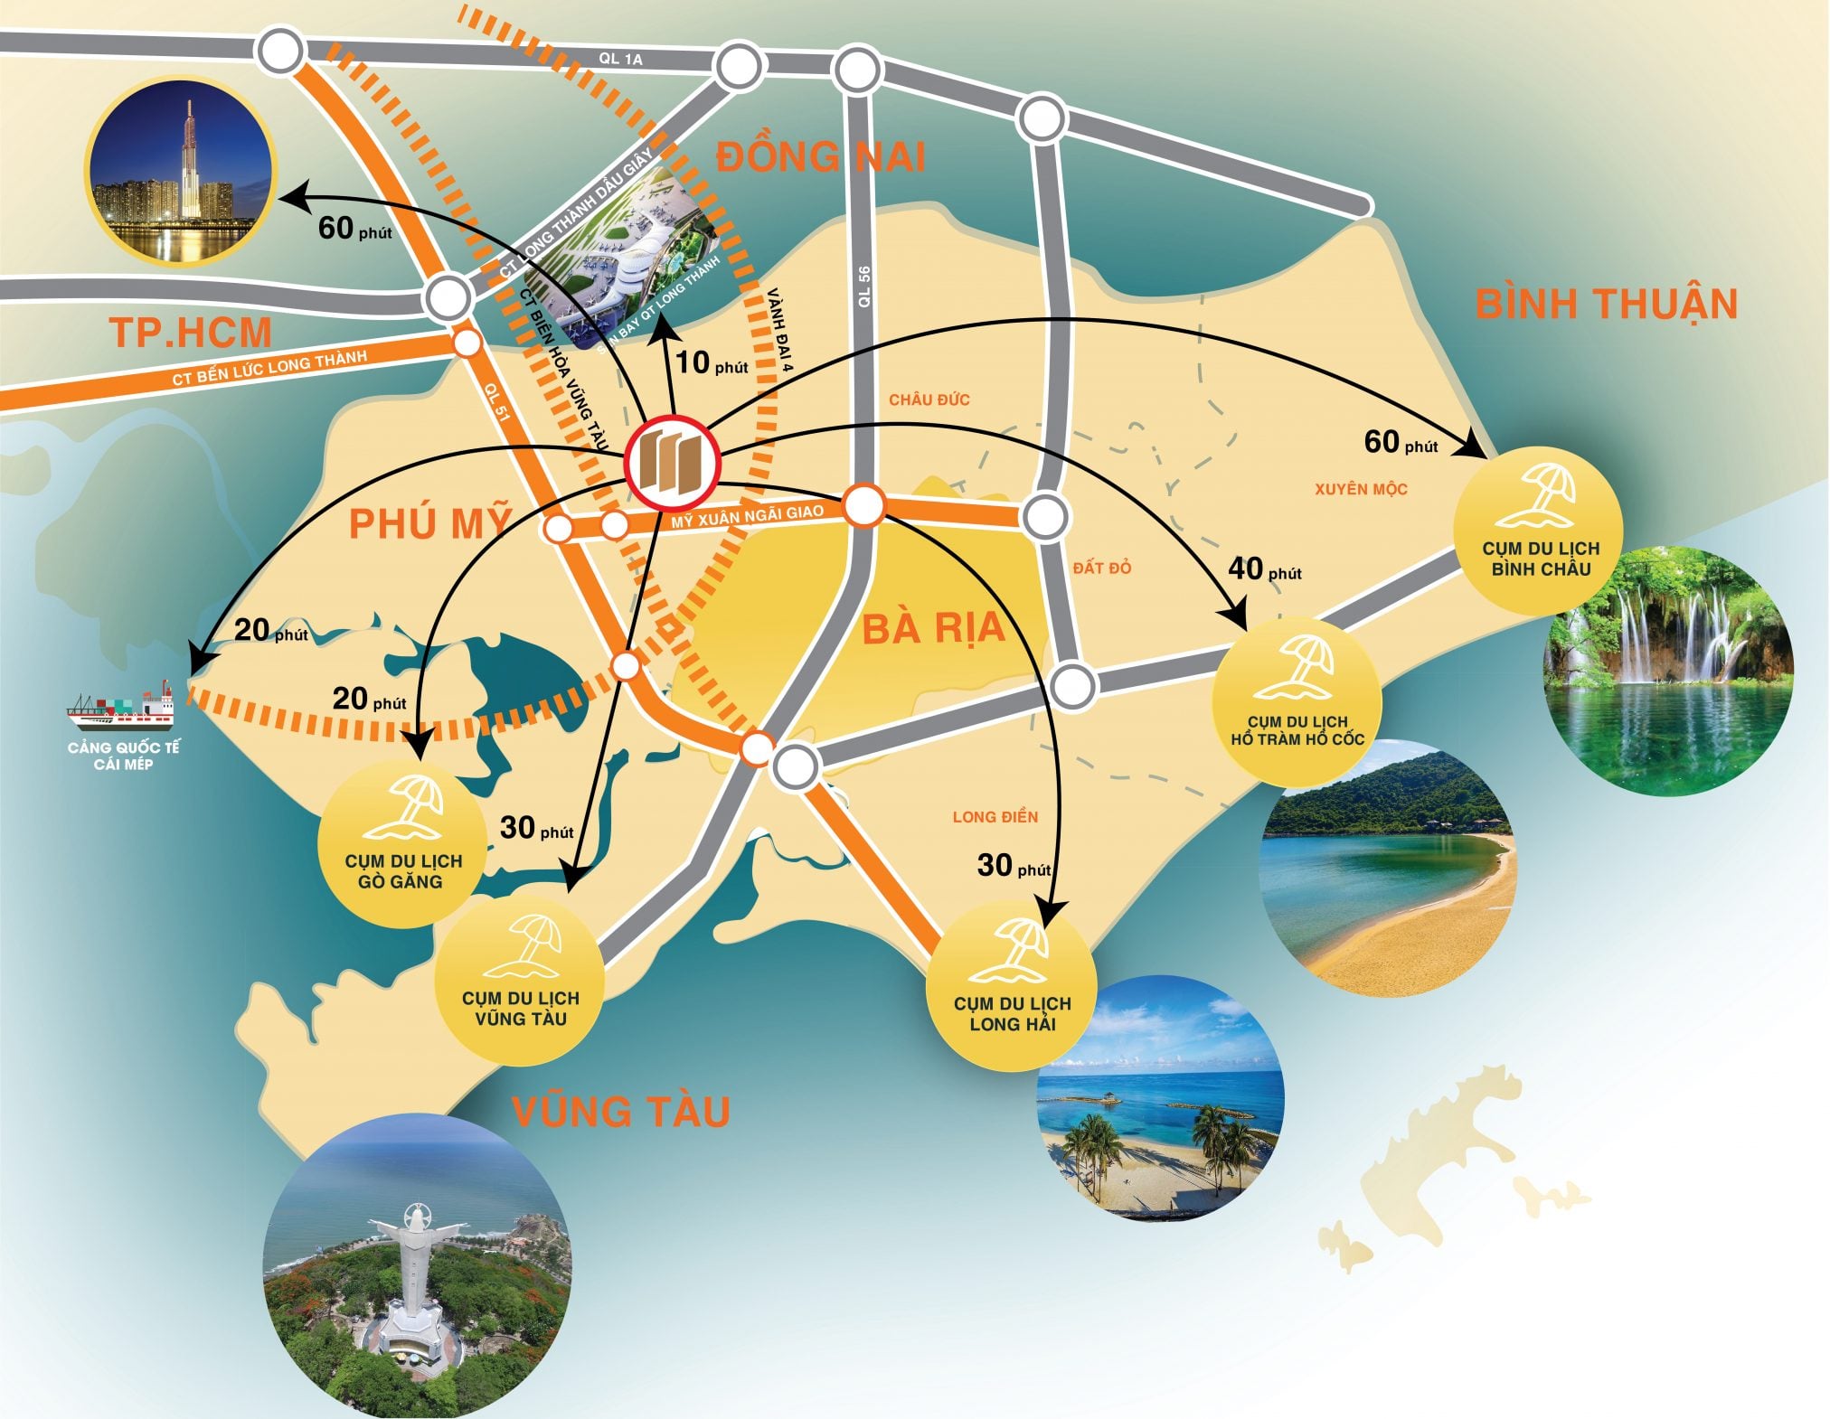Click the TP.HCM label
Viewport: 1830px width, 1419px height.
coord(191,333)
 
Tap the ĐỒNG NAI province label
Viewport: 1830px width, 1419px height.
coord(820,157)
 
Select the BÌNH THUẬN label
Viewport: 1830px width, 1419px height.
coord(1606,304)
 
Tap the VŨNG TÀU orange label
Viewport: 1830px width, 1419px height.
coord(621,1112)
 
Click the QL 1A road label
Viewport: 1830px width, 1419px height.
coord(620,59)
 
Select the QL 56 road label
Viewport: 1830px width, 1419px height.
coord(864,287)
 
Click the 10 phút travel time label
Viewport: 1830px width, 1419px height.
coord(712,363)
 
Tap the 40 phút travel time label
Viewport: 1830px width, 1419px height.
coord(1264,569)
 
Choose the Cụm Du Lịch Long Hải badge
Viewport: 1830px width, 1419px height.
coord(1012,986)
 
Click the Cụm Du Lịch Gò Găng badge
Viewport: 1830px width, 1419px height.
coord(402,844)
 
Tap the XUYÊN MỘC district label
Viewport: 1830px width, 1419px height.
coord(1361,489)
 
